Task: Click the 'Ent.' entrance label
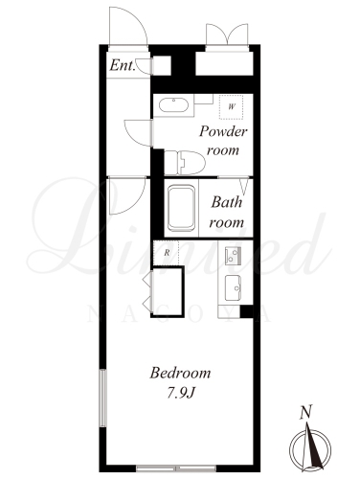[123, 66]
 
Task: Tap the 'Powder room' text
[223, 141]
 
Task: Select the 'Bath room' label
[226, 213]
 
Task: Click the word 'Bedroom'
[180, 373]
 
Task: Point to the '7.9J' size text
[181, 394]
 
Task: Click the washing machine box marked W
[232, 107]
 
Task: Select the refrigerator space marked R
[167, 253]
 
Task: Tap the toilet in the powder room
[185, 162]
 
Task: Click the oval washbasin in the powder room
[173, 105]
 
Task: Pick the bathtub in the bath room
[181, 208]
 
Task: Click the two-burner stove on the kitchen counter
[233, 256]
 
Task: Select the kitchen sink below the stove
[234, 287]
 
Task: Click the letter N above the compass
[305, 412]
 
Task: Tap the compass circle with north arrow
[310, 449]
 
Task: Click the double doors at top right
[227, 34]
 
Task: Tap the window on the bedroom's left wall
[102, 398]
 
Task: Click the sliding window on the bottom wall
[176, 468]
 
